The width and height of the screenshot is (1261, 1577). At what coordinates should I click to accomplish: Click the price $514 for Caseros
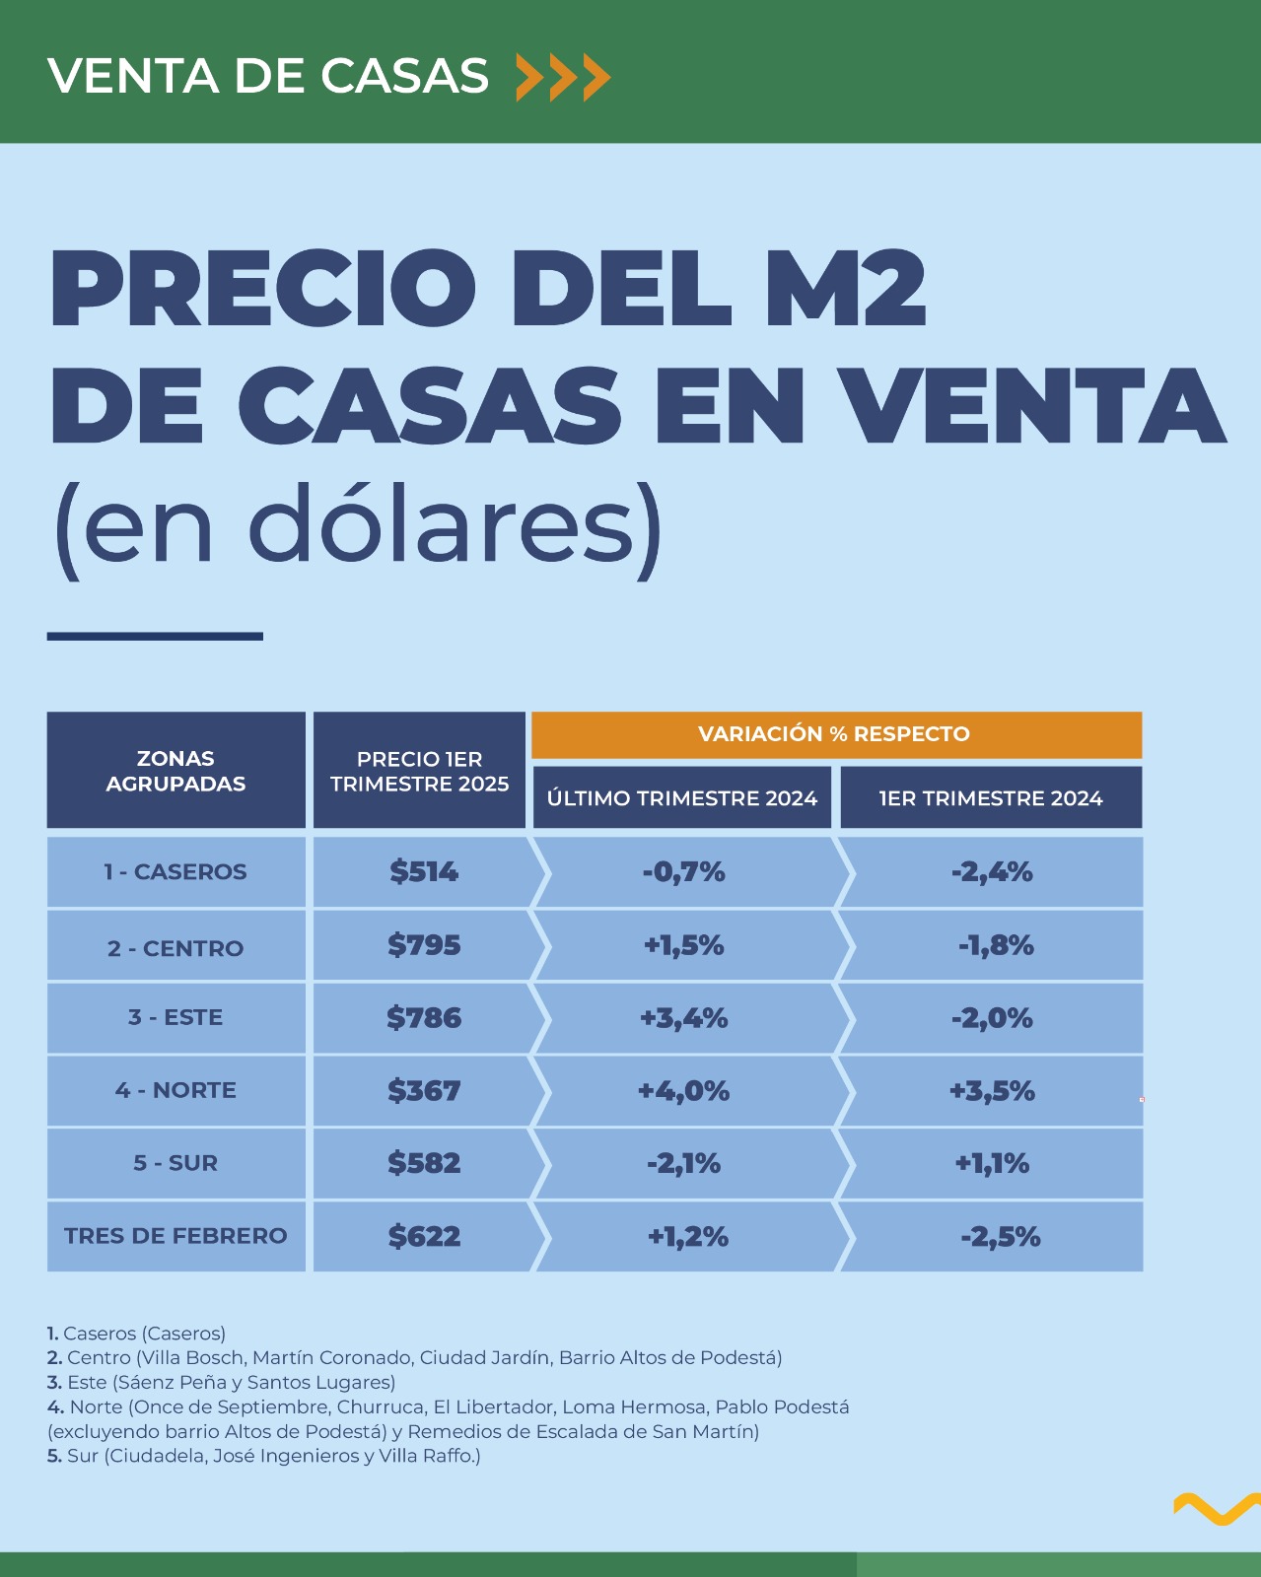[x=424, y=871]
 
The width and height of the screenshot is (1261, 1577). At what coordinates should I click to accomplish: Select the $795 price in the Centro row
[x=424, y=945]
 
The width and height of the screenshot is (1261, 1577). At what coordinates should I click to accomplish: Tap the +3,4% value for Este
[x=683, y=1018]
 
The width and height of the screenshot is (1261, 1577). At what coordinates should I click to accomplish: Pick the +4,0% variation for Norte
[x=683, y=1091]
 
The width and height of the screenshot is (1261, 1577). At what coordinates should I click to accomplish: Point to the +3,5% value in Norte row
[x=992, y=1091]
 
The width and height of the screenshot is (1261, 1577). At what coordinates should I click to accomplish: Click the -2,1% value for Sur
[x=683, y=1164]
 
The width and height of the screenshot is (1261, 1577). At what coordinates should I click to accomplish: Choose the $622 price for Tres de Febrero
[x=424, y=1236]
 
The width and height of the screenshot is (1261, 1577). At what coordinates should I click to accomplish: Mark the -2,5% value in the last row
[x=1000, y=1237]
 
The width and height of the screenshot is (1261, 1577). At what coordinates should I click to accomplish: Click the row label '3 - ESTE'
[x=175, y=1017]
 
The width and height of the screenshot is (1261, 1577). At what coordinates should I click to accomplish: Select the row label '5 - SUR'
[x=175, y=1163]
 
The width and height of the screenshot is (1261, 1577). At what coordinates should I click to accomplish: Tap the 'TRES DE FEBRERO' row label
[x=175, y=1236]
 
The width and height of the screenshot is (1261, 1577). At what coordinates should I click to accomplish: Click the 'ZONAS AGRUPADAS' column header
[x=175, y=771]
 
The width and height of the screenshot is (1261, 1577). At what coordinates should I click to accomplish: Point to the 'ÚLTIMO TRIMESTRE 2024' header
[x=682, y=798]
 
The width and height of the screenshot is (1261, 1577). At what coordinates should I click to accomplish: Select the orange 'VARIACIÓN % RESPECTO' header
[x=834, y=734]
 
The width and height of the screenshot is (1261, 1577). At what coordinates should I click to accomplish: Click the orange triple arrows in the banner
[x=563, y=77]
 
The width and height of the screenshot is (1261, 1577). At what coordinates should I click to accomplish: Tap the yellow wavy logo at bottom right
[x=1216, y=1508]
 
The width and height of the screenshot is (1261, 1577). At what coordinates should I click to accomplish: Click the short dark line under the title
[x=155, y=637]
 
